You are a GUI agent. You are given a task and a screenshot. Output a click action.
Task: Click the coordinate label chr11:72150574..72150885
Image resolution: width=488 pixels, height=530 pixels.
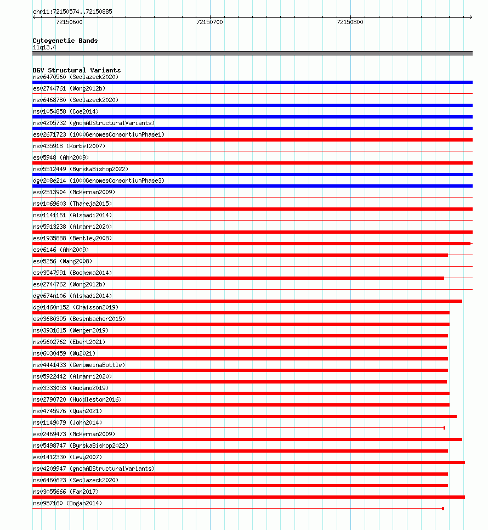[73, 12]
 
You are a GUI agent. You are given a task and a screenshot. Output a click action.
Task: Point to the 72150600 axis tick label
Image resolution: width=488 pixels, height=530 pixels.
[70, 22]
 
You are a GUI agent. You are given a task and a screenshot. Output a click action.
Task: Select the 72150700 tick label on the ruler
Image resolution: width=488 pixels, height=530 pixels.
[209, 22]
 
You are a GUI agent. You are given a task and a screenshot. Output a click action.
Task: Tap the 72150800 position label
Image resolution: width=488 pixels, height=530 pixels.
[350, 22]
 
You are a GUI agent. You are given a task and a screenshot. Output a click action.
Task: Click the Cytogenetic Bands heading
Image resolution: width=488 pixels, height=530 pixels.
[65, 41]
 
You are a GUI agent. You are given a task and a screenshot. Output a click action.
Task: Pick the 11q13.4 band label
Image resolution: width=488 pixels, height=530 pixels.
[44, 47]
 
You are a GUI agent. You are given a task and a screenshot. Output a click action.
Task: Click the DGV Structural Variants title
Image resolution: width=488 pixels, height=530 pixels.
[76, 70]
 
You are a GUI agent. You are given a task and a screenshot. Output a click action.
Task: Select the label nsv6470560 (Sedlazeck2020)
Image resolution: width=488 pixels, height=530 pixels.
[75, 77]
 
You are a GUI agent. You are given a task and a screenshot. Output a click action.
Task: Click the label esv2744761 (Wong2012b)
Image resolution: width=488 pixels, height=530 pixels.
[69, 88]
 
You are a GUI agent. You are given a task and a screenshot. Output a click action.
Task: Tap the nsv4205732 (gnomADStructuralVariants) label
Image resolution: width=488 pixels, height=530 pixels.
[94, 123]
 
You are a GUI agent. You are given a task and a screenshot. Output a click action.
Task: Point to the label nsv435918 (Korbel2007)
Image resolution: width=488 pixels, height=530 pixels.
[69, 146]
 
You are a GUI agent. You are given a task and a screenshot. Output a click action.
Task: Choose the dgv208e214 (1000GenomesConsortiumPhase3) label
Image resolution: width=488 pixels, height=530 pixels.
[99, 181]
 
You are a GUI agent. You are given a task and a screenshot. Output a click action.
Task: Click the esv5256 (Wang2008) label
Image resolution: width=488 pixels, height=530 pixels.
[63, 261]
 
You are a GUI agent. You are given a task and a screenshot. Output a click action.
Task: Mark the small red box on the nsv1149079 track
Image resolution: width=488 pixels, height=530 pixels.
[444, 428]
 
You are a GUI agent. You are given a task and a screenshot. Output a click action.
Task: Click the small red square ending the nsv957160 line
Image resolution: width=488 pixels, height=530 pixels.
[443, 509]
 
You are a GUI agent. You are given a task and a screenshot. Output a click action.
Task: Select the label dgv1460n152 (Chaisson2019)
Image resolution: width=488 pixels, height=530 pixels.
[75, 307]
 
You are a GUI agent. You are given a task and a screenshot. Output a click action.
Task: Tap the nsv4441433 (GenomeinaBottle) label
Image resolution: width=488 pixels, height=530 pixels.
[79, 365]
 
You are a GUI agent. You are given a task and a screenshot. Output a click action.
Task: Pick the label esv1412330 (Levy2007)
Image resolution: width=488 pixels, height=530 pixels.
[67, 457]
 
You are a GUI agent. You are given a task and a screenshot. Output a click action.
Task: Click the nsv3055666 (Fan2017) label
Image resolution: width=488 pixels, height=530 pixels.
[67, 492]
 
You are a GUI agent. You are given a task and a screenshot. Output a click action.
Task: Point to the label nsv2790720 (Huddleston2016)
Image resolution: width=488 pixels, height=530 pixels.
[77, 399]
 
